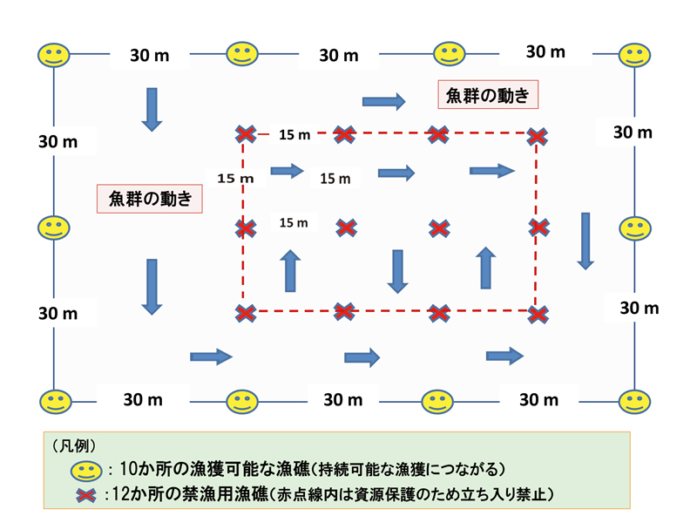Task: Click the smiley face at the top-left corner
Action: pyautogui.click(x=53, y=55)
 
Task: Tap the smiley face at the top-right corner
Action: pyautogui.click(x=636, y=54)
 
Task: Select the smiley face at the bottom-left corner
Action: pyautogui.click(x=54, y=401)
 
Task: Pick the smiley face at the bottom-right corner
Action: pyautogui.click(x=635, y=401)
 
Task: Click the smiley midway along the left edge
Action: pyautogui.click(x=53, y=228)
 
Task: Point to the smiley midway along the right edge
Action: pyautogui.click(x=635, y=228)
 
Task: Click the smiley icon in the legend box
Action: pyautogui.click(x=86, y=472)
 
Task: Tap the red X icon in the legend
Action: pyautogui.click(x=85, y=495)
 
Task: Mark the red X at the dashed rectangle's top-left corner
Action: pyautogui.click(x=246, y=134)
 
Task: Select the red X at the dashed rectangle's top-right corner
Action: pyautogui.click(x=538, y=136)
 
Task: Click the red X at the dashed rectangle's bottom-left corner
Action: pyautogui.click(x=246, y=312)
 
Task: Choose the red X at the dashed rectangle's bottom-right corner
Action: pyautogui.click(x=539, y=313)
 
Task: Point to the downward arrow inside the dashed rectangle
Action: pyautogui.click(x=398, y=271)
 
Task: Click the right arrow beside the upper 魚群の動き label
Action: pyautogui.click(x=384, y=101)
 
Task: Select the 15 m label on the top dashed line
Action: pyautogui.click(x=294, y=135)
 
